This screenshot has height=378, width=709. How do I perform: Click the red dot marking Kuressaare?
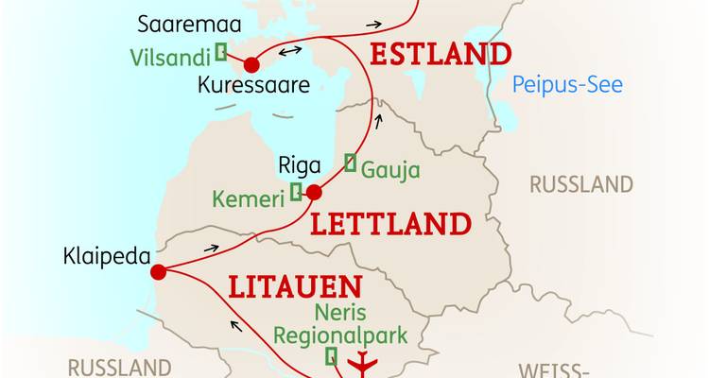[x=251, y=65]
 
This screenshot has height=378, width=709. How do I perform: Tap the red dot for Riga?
[x=315, y=193]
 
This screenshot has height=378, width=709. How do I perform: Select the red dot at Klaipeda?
[x=158, y=272]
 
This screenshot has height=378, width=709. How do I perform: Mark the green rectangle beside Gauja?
[x=351, y=163]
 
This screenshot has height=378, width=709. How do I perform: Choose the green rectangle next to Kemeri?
[x=296, y=193]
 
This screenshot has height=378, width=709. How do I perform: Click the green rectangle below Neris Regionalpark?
[x=331, y=356]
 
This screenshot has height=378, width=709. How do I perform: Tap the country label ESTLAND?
[x=441, y=54]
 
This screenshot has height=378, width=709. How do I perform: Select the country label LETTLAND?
[x=390, y=224]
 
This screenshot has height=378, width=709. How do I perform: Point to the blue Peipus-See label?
[x=567, y=85]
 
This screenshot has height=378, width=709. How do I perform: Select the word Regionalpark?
[x=340, y=335]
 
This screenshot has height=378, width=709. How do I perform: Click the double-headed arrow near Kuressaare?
[x=290, y=50]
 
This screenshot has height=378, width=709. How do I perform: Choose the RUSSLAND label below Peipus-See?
[x=580, y=184]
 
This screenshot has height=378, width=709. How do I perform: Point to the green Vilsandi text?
[x=171, y=57]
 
